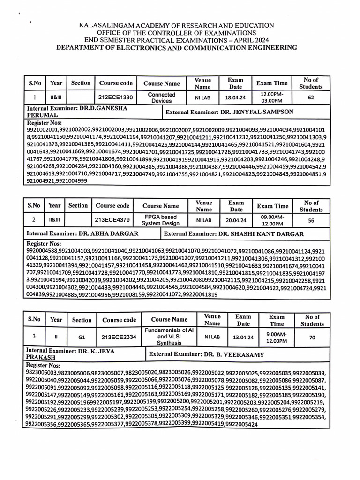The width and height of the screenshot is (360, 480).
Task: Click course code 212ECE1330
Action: click(x=116, y=97)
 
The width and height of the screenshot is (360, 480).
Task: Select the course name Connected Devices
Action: click(x=162, y=97)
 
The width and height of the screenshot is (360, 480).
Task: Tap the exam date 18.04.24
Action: click(x=235, y=97)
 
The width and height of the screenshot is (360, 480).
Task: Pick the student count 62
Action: click(x=311, y=97)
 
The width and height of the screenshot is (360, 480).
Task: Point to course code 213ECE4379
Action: click(x=112, y=220)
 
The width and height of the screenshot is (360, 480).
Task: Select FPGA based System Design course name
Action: click(x=161, y=220)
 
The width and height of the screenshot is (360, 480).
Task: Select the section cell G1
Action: click(x=82, y=337)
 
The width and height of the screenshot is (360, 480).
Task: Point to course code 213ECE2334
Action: click(x=119, y=337)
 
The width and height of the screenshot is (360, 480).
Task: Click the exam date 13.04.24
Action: click(x=243, y=337)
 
